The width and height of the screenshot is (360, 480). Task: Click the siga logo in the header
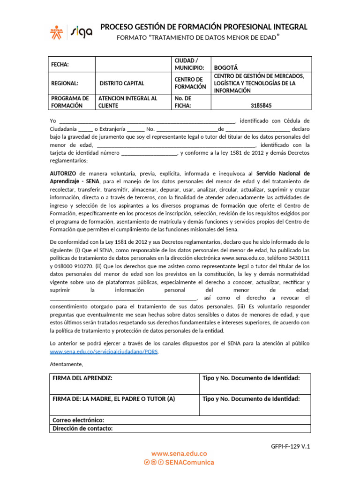(x=82, y=31)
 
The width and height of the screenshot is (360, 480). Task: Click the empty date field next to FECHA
(x=133, y=64)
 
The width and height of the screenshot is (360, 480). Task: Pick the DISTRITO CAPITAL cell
(x=122, y=83)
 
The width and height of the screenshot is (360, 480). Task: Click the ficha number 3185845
(x=261, y=106)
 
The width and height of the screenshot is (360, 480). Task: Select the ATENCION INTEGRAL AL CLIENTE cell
(x=127, y=102)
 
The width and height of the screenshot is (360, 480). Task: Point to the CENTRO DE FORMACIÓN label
(x=190, y=83)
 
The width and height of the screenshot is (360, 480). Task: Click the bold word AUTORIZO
(x=63, y=173)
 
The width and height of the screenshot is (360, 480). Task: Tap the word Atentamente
(x=66, y=364)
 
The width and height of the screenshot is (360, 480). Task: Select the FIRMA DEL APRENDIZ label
(x=82, y=378)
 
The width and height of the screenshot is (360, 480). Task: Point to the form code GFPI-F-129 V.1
(x=290, y=446)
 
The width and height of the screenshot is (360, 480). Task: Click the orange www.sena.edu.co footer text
(x=179, y=454)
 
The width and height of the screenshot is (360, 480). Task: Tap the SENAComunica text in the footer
(x=190, y=462)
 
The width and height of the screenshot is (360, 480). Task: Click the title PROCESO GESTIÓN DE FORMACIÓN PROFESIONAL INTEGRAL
(x=204, y=27)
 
